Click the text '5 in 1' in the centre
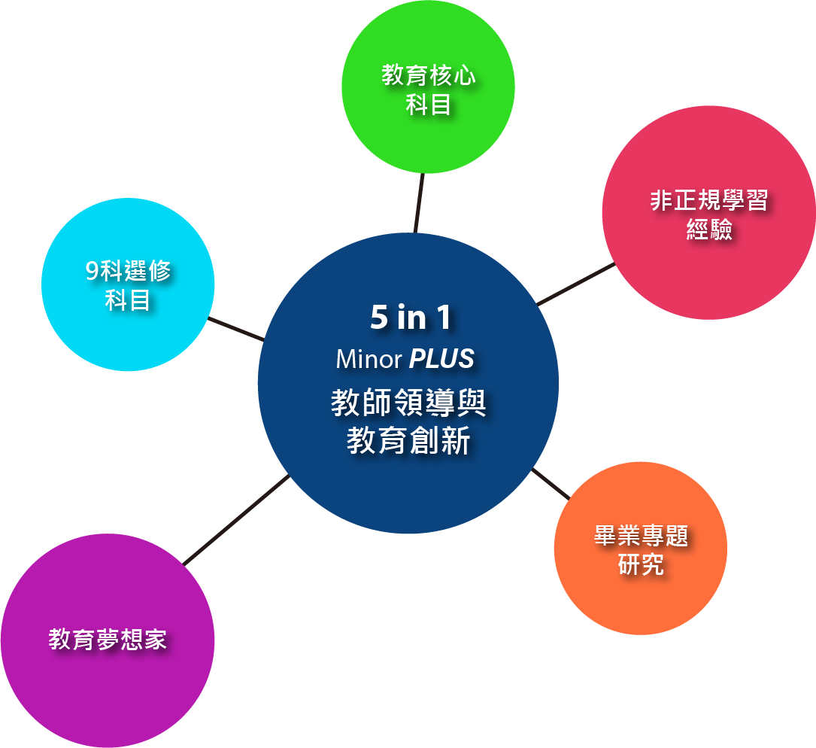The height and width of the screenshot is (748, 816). tap(411, 318)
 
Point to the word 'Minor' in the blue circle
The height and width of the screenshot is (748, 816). tap(369, 359)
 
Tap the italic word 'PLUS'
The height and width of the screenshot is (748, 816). tap(441, 359)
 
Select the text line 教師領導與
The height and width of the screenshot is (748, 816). tap(408, 403)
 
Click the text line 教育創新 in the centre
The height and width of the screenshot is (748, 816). tap(408, 441)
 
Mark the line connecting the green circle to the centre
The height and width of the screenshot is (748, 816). tap(418, 203)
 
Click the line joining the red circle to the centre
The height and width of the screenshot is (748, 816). tap(576, 284)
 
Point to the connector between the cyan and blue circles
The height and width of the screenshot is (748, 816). tap(235, 329)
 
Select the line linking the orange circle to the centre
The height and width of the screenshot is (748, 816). tap(551, 484)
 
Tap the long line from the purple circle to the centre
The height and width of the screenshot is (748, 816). tap(236, 519)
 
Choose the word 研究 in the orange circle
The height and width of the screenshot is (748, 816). tap(641, 564)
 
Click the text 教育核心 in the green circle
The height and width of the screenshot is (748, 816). tap(429, 76)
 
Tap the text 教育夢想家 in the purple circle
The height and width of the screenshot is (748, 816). tap(108, 640)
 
